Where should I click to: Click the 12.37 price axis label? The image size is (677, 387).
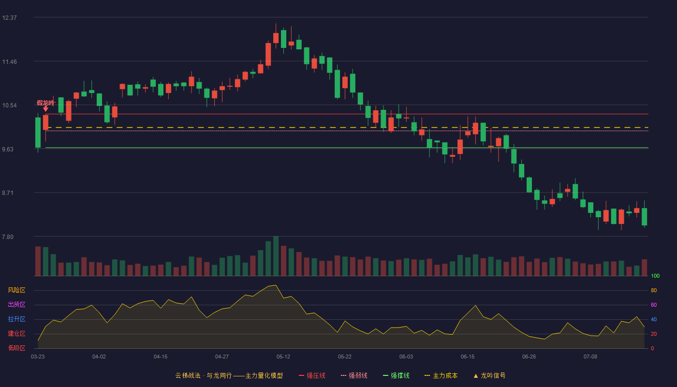[x=9, y=18]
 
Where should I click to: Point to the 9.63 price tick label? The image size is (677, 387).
[x=8, y=149]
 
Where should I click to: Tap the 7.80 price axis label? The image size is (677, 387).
[x=8, y=237]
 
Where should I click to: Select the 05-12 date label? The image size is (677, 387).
[x=283, y=357]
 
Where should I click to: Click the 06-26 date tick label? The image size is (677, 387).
[x=529, y=357]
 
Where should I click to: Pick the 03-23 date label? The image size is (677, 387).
[x=38, y=357]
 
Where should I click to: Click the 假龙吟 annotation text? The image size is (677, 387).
[x=45, y=103]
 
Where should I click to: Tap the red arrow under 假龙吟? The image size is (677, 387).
[x=45, y=109]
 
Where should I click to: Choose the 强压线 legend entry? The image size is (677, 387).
[x=312, y=375]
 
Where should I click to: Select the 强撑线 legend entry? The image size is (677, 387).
[x=396, y=375]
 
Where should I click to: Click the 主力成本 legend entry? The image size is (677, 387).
[x=441, y=375]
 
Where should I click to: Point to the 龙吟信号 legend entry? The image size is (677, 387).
[x=489, y=375]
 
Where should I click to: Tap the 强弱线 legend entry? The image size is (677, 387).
[x=354, y=375]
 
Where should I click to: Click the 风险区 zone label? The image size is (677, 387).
[x=16, y=290]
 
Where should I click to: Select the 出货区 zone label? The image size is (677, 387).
[x=16, y=304]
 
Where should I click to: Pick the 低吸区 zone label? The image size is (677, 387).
[x=16, y=348]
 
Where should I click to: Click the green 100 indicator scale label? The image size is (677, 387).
[x=655, y=276]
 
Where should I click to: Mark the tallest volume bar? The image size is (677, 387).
[x=276, y=256]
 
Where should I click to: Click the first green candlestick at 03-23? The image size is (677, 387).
[x=38, y=133]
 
